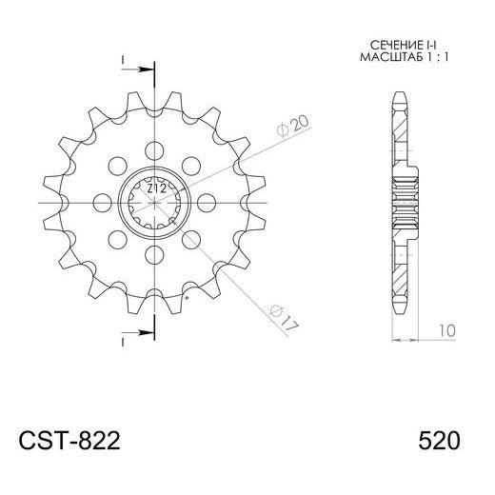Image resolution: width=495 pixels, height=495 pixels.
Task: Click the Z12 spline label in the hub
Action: click(x=155, y=189)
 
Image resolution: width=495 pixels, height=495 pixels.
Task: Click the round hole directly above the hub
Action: click(x=154, y=147)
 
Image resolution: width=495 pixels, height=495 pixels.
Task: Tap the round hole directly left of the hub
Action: click(x=101, y=201)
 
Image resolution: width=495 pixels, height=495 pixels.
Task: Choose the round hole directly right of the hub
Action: click(x=208, y=201)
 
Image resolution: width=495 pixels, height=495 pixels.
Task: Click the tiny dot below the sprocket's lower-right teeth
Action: click(x=187, y=299)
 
